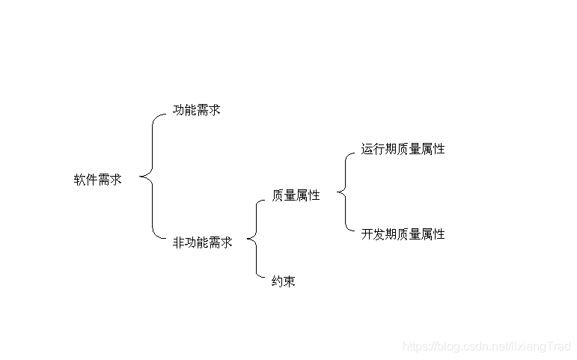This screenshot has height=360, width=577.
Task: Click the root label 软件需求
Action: coord(97,180)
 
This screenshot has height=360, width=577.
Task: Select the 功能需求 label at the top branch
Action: coord(197,110)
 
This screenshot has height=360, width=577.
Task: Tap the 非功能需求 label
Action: coord(203,242)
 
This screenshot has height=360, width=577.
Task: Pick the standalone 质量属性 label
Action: coord(296,195)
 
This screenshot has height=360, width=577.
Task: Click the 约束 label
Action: coord(284,282)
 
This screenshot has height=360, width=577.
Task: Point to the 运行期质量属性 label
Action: coord(403,149)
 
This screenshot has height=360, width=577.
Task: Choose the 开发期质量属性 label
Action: coord(403,234)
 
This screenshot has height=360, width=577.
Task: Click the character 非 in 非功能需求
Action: coord(179,242)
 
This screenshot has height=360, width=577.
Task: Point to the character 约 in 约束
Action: coord(278,282)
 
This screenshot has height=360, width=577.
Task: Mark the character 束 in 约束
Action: coord(290,282)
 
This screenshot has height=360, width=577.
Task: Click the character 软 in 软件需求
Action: coord(79,180)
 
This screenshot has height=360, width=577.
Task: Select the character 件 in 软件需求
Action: coord(91,180)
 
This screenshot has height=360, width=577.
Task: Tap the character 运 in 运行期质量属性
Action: coord(367,149)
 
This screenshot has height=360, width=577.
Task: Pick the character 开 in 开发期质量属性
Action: coord(367,234)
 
